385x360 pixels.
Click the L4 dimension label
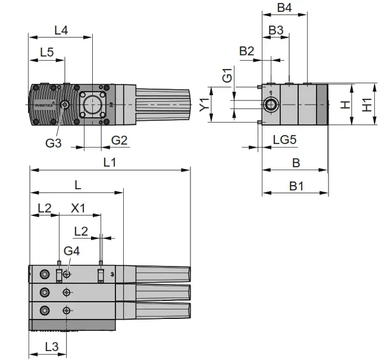61,29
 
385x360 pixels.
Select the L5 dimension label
47,52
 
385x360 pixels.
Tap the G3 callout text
54,143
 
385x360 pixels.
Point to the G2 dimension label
120,140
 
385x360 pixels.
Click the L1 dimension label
109,162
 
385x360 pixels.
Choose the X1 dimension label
79,208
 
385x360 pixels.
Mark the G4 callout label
71,251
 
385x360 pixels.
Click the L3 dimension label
52,346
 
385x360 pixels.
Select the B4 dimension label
284,8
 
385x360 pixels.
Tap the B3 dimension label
276,30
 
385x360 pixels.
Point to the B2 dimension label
247,51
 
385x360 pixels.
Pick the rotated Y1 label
204,105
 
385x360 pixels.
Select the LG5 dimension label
284,139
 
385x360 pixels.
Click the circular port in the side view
271,105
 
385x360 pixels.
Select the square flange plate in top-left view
92,105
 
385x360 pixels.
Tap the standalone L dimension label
77,184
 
